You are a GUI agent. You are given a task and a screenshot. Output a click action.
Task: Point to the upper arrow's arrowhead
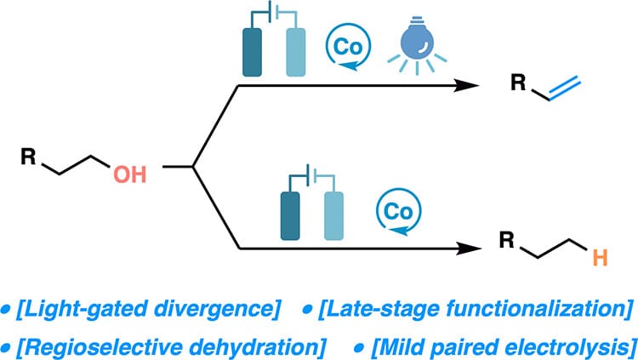(x=465, y=85)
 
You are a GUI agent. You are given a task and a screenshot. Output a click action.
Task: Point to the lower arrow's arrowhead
(x=465, y=249)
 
